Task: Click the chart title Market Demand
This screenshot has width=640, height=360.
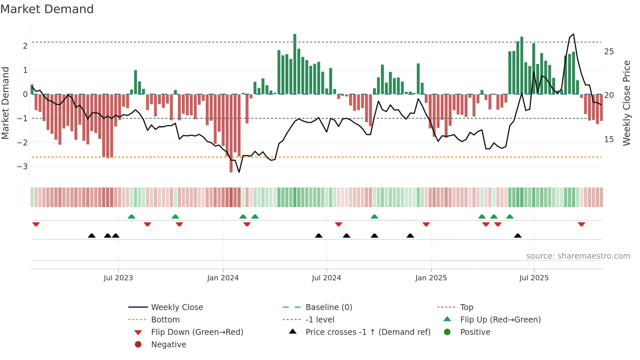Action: (47, 9)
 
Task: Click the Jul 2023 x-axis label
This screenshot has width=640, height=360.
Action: (118, 278)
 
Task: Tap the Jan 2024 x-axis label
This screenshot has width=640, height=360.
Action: (223, 278)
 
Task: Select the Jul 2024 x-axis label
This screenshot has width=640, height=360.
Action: (326, 278)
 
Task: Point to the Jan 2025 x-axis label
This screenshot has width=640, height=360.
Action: (431, 278)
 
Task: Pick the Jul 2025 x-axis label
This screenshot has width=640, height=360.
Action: (534, 278)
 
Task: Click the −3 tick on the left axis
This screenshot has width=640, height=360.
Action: (22, 167)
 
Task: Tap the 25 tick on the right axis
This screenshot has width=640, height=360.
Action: (609, 52)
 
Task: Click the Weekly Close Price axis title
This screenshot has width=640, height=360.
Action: (626, 103)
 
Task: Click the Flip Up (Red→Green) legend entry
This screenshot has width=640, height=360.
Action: (500, 320)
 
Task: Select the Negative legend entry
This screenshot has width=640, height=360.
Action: (168, 345)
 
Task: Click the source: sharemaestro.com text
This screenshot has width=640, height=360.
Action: (578, 256)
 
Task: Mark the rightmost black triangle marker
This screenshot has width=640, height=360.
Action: (518, 236)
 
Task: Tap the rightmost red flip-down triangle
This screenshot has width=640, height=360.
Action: (581, 224)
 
